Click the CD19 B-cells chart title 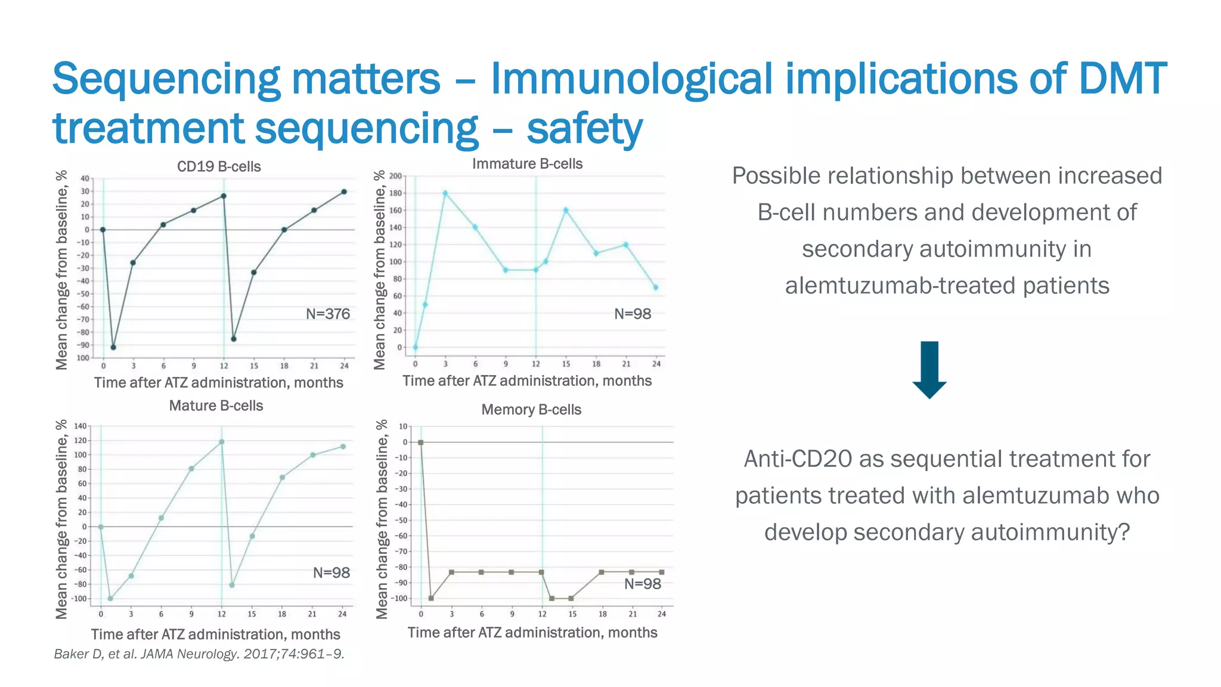click(219, 166)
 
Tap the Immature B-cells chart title click(527, 163)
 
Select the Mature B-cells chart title click(216, 406)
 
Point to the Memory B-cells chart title click(531, 410)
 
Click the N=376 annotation click(327, 314)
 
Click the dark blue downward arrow click(929, 370)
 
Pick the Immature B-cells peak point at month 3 click(445, 193)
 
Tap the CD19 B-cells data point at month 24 click(344, 192)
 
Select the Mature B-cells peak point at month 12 click(222, 442)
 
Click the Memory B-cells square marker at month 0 click(421, 442)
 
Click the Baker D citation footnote click(199, 654)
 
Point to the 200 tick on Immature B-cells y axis click(396, 176)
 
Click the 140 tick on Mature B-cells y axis click(80, 426)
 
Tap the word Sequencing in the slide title click(165, 79)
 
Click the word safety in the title click(584, 128)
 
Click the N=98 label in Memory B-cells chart click(642, 584)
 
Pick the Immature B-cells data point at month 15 click(566, 211)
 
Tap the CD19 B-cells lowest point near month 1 click(113, 347)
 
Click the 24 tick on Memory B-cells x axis click(661, 614)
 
